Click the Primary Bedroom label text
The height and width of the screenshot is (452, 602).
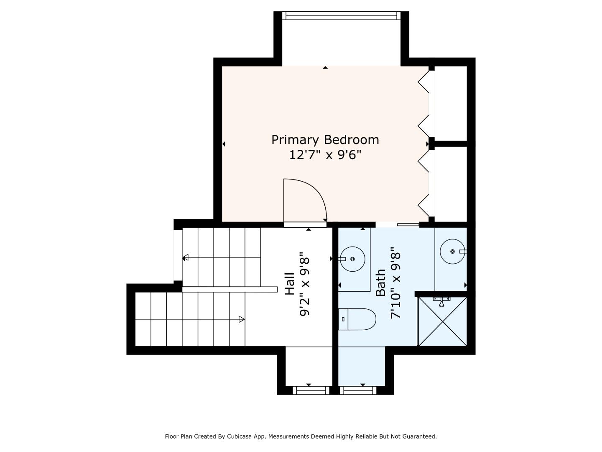pos(325,140)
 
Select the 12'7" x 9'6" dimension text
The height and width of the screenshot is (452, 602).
pos(325,155)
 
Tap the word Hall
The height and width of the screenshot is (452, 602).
pos(289,284)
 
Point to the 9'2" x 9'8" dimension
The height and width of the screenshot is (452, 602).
pos(305,286)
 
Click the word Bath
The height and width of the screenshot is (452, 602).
pos(380,283)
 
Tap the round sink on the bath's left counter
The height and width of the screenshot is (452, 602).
pos(352,259)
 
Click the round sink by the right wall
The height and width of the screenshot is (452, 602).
pos(452,252)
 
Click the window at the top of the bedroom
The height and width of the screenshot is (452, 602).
pos(341,15)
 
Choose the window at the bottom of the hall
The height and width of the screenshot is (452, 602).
pos(311,390)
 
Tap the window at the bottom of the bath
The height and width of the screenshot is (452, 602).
pos(358,390)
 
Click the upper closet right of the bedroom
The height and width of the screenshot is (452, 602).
pos(451,103)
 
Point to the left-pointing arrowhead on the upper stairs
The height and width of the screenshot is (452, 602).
pos(185,258)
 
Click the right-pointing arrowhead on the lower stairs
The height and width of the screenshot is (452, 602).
pos(241,319)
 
